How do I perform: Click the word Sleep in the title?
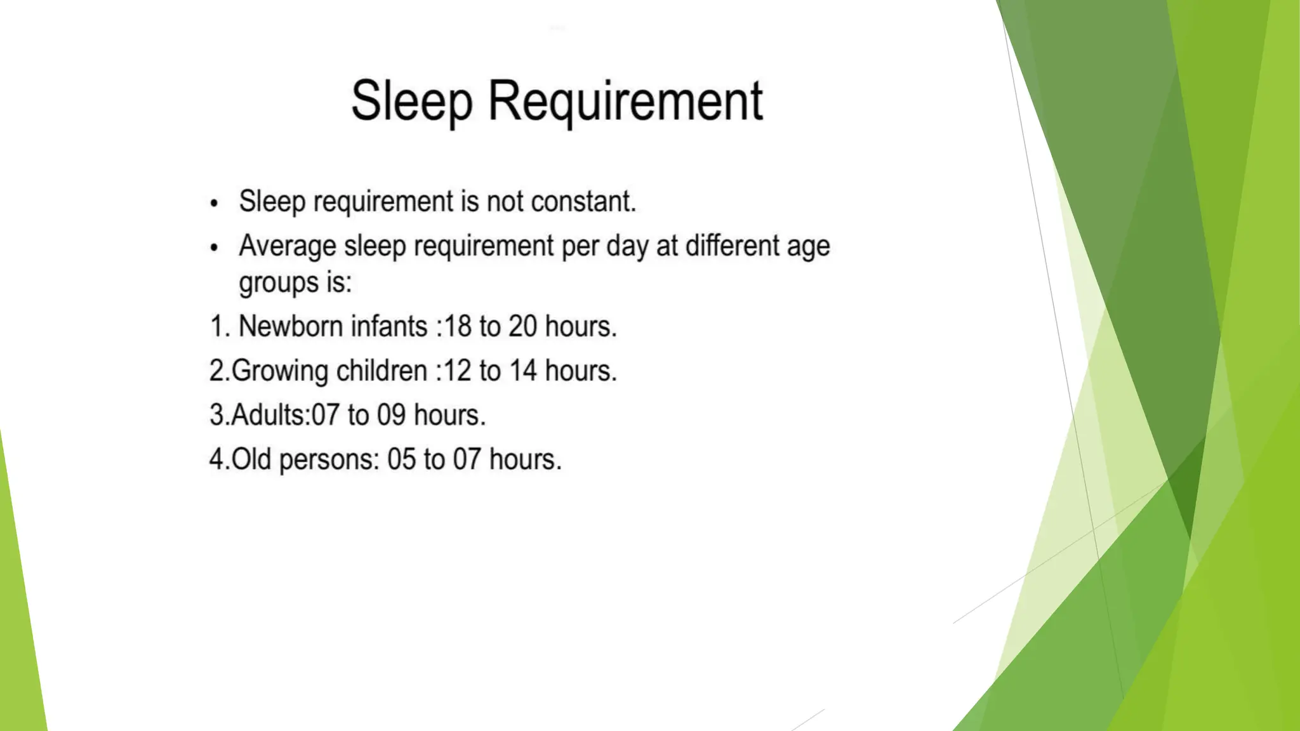click(411, 102)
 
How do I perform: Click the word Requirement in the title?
click(625, 102)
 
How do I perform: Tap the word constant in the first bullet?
click(582, 202)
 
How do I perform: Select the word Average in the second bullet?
click(287, 246)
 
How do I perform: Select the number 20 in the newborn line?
click(522, 327)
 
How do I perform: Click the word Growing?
click(279, 371)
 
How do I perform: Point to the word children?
click(381, 371)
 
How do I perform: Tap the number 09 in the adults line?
click(391, 416)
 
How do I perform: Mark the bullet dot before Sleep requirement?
click(214, 204)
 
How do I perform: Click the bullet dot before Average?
click(214, 248)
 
